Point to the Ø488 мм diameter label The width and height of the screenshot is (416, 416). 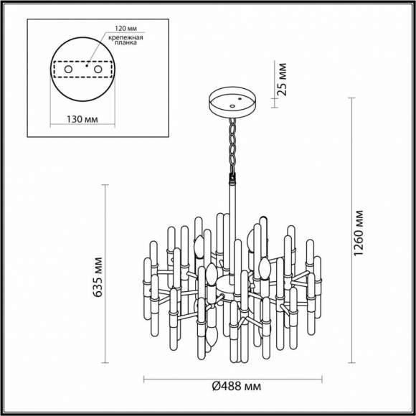tap(236, 387)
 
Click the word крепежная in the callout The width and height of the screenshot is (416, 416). tap(126, 37)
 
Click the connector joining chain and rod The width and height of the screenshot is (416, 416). tap(232, 176)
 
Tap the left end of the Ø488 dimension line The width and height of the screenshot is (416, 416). tap(144, 379)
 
